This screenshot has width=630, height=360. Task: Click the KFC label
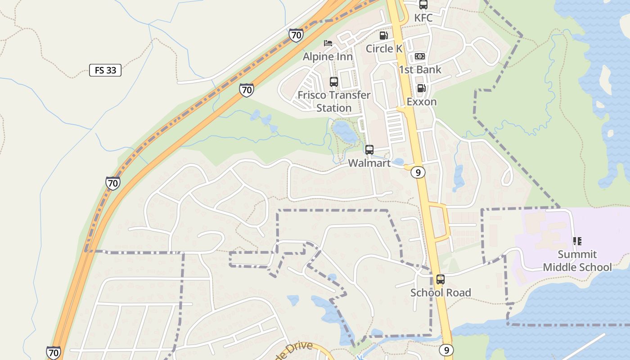[x=423, y=18]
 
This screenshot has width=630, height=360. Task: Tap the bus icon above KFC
[x=423, y=5]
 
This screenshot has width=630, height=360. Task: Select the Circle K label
[x=384, y=48]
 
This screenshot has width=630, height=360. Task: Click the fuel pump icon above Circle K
[x=384, y=35]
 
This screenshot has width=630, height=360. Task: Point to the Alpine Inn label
[x=328, y=56]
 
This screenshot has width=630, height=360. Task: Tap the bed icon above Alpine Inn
[x=328, y=43]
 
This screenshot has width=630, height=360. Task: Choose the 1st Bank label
[x=420, y=69]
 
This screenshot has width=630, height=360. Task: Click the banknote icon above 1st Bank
[x=420, y=56]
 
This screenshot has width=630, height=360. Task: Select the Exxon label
[x=422, y=101]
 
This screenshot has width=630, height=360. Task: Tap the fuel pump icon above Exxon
[x=421, y=88]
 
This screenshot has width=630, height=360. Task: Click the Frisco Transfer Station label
[x=334, y=101]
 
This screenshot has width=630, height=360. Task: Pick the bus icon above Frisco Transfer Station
[x=334, y=82]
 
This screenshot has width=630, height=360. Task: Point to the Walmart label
[x=369, y=163]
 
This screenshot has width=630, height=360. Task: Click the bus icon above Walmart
[x=369, y=150]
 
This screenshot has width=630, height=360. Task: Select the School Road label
[x=441, y=292]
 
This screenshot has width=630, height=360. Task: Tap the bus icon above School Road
[x=441, y=279]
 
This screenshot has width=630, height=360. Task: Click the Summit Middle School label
[x=577, y=261]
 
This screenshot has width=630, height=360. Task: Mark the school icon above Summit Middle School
[x=577, y=241]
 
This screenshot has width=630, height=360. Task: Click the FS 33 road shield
[x=105, y=70]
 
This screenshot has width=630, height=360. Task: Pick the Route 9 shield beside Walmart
[x=418, y=172]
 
